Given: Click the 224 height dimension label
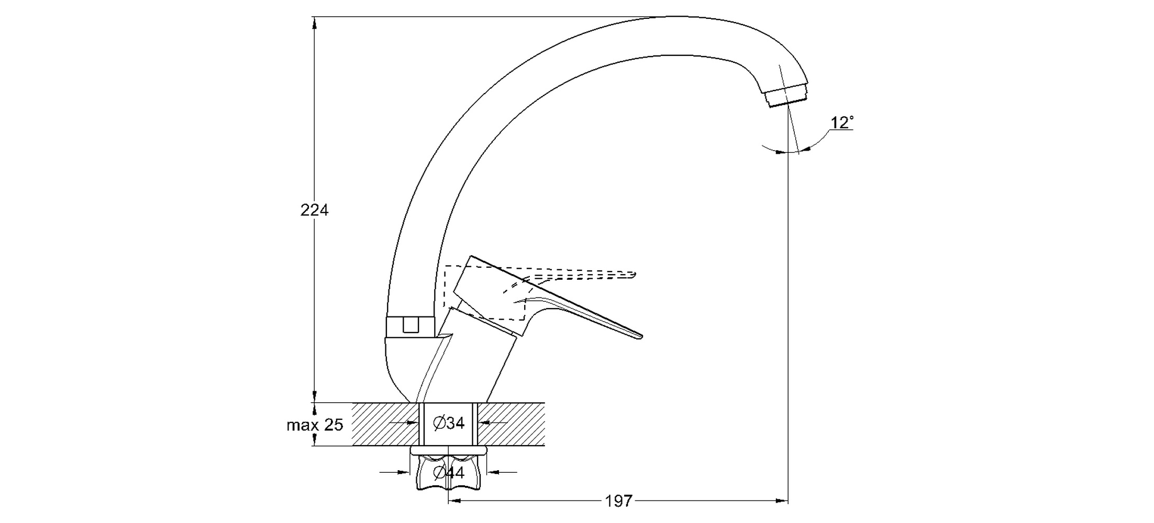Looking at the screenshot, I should [x=314, y=210].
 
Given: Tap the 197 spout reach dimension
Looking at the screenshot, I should [x=618, y=501].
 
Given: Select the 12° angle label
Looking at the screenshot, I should [x=842, y=123].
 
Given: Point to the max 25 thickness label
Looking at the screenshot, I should [x=315, y=425].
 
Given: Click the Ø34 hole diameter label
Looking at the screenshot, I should [x=449, y=423].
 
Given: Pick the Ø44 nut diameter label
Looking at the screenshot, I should [x=449, y=473].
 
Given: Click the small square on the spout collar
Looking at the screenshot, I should [x=411, y=325].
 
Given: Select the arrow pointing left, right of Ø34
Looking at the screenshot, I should [x=484, y=423].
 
